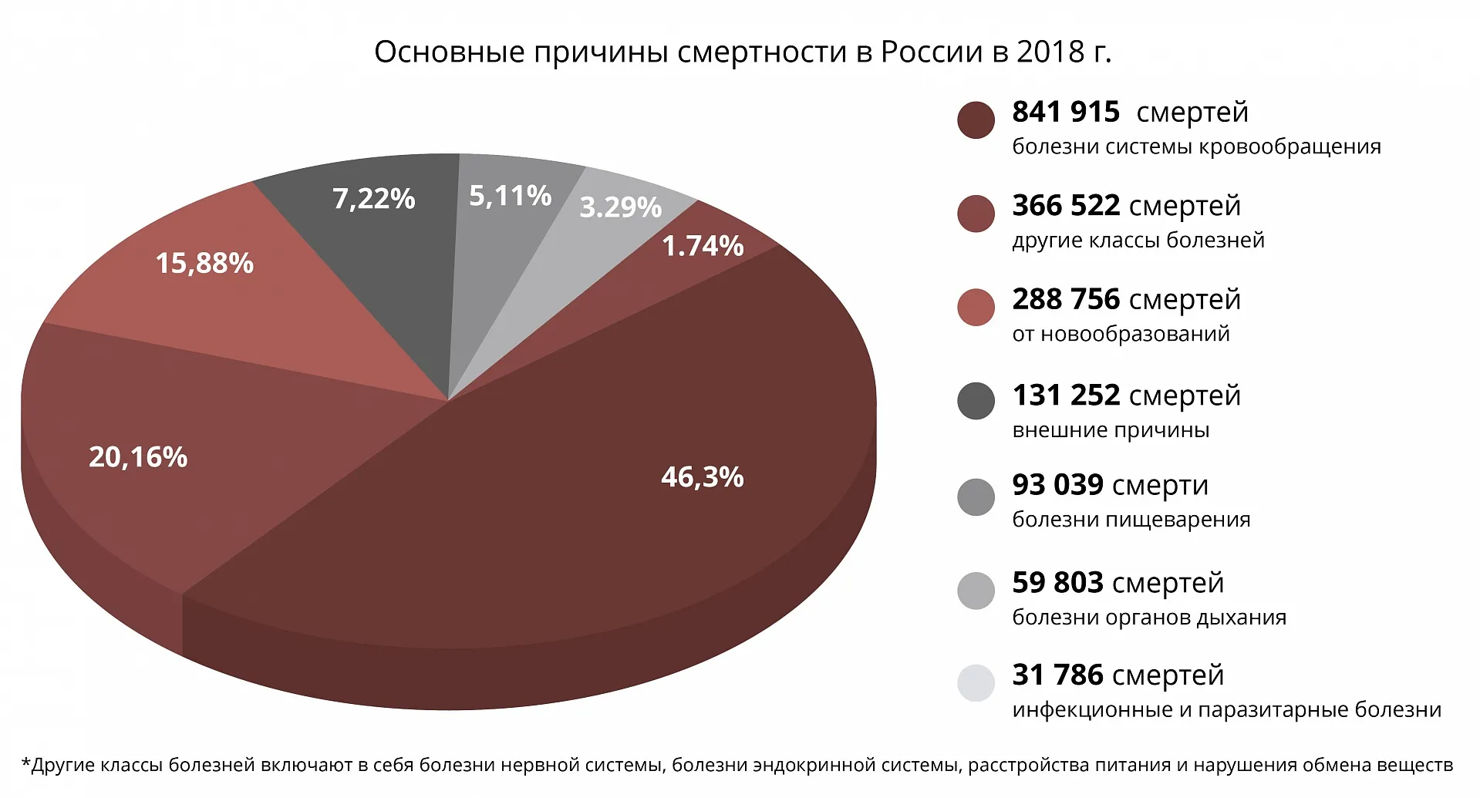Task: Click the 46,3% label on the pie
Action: (x=702, y=477)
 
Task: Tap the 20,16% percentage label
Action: (x=138, y=457)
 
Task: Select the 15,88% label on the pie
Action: (x=204, y=264)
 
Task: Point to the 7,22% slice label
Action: (x=374, y=199)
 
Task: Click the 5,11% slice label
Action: (x=510, y=196)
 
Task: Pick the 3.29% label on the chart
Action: (x=620, y=207)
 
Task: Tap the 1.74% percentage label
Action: (x=703, y=246)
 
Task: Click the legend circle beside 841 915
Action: (x=976, y=121)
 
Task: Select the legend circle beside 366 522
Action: (x=976, y=214)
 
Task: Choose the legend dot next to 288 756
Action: (x=976, y=307)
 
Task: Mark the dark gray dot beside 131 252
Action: (x=976, y=402)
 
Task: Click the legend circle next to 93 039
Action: (x=976, y=497)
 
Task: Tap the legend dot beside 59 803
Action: (x=976, y=591)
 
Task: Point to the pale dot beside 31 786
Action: (x=976, y=683)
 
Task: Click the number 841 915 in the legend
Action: (x=1066, y=113)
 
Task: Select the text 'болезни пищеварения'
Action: (x=1131, y=520)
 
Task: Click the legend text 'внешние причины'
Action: (x=1111, y=430)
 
